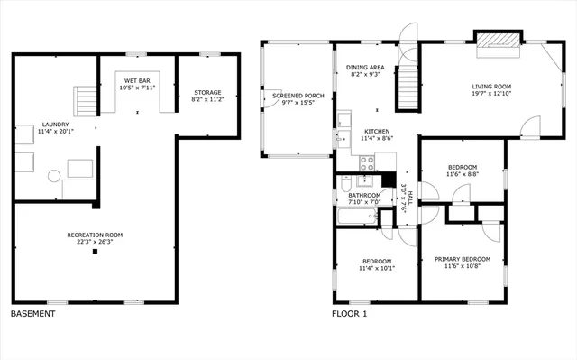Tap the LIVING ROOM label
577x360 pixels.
(491, 87)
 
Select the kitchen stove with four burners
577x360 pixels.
(368, 163)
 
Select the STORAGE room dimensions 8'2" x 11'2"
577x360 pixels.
(207, 100)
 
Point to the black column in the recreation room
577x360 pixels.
(95, 252)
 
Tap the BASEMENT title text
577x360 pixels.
(32, 314)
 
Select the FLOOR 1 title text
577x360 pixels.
(350, 314)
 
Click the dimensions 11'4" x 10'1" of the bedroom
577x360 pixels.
(376, 267)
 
